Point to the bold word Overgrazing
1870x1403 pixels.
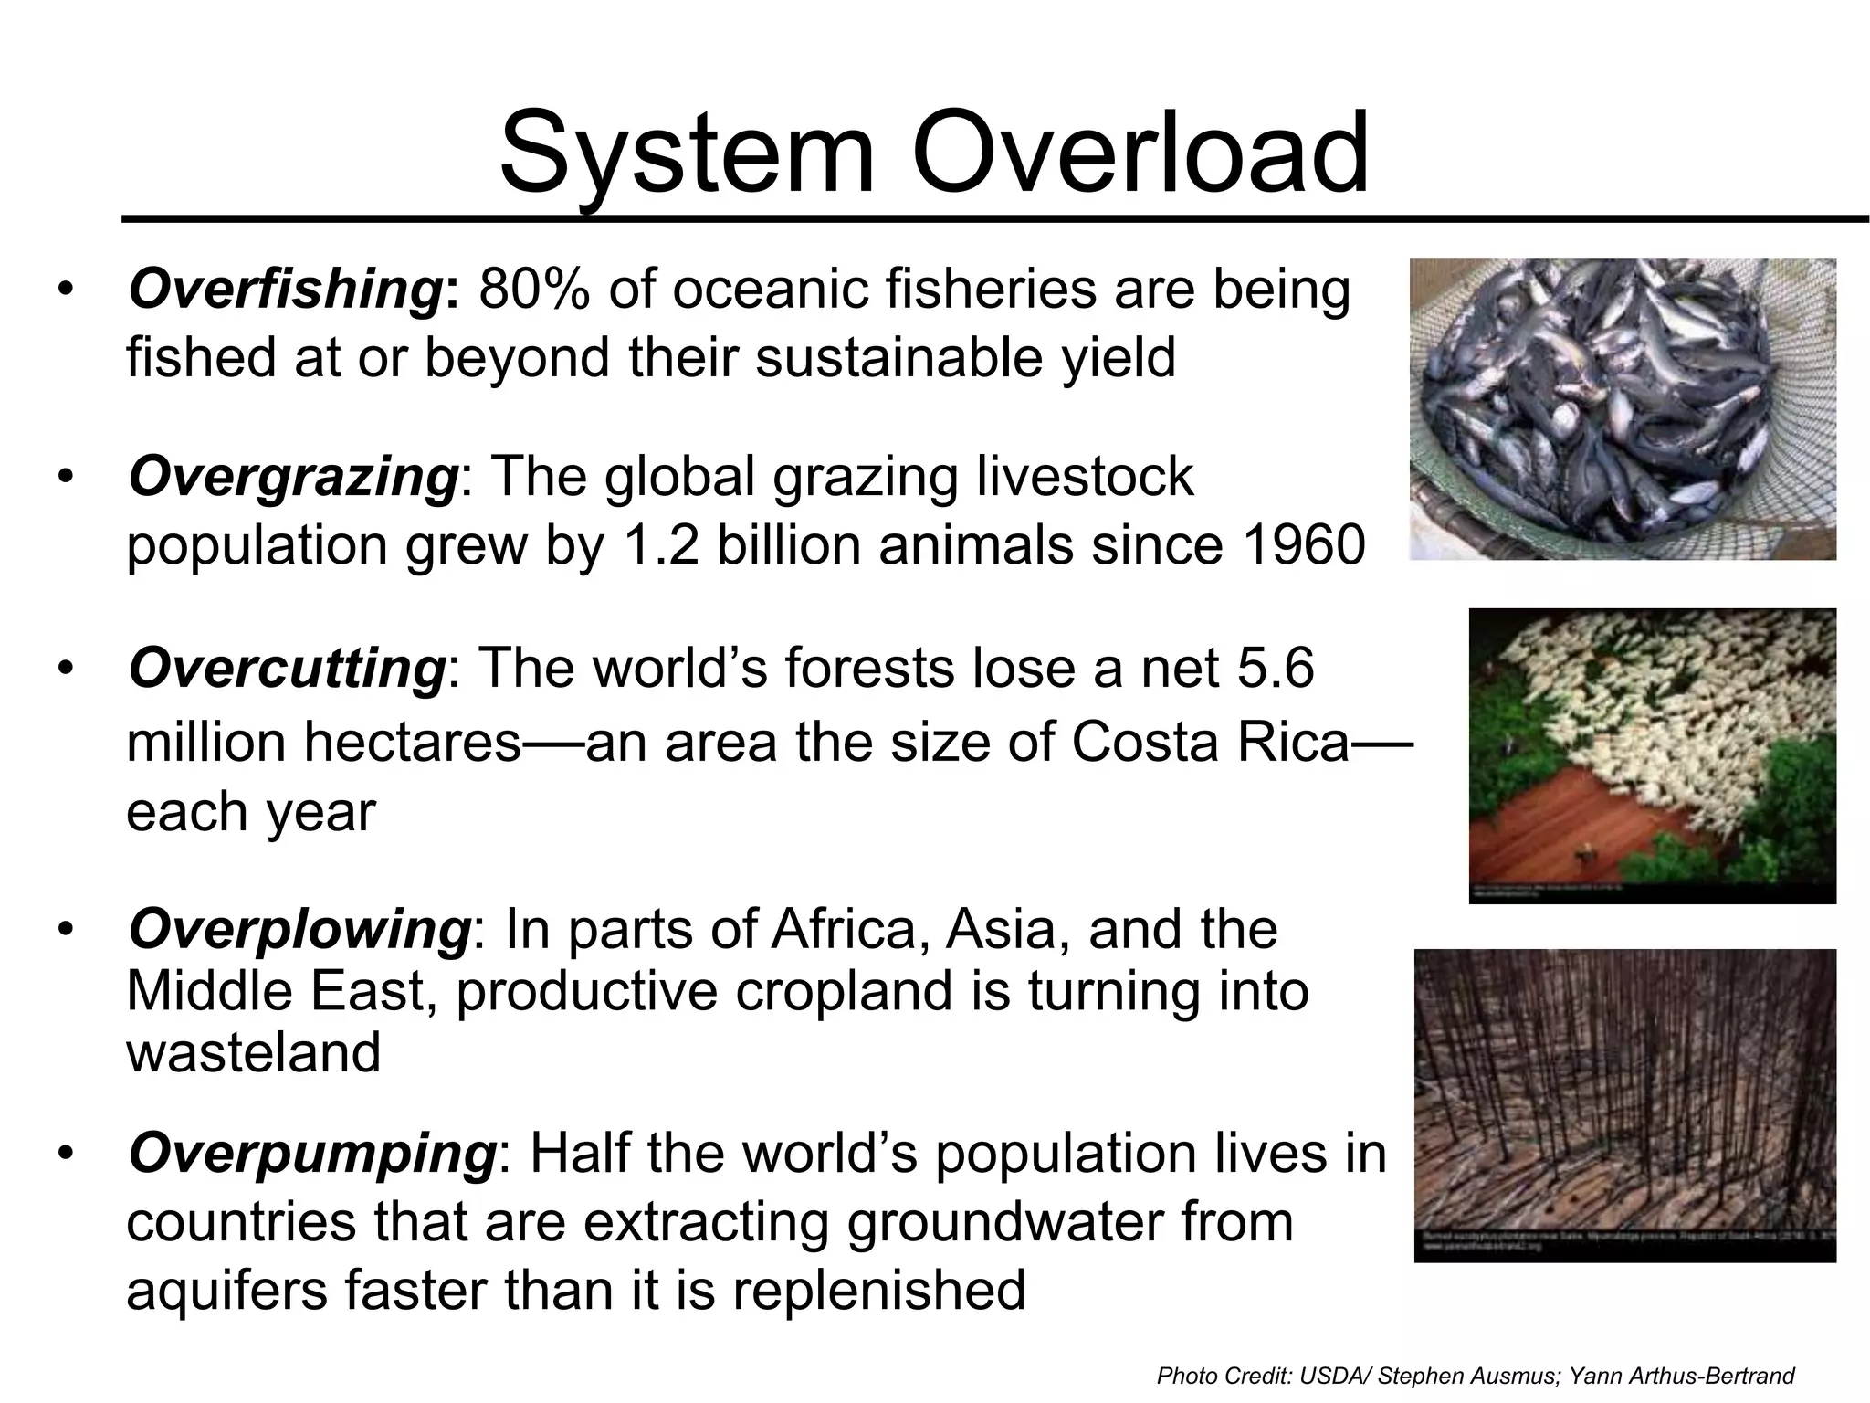[x=293, y=478]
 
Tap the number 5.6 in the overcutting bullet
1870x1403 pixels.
[x=1275, y=667]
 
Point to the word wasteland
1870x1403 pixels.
[x=253, y=1052]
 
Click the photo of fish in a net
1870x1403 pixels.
[x=1623, y=409]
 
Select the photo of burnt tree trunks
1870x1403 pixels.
[x=1624, y=1105]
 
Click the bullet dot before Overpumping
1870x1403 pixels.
[x=64, y=1155]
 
